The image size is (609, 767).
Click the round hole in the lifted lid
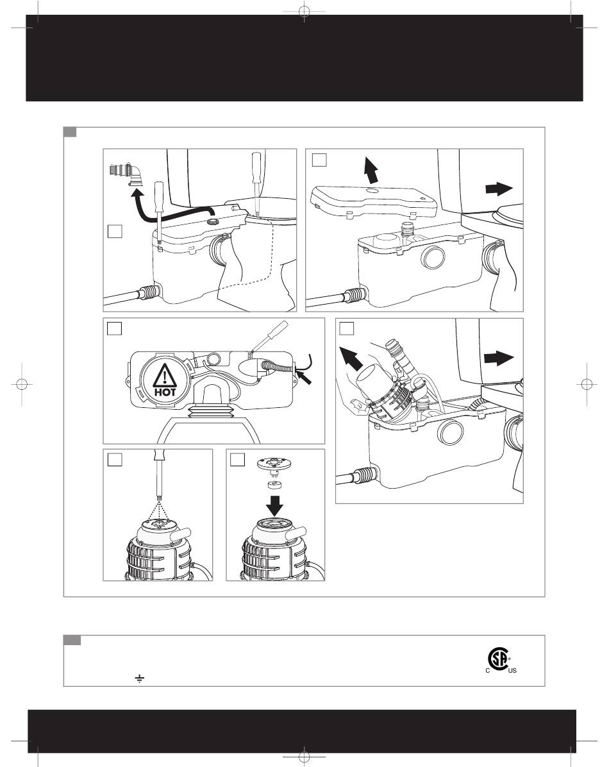point(371,190)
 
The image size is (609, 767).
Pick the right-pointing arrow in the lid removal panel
point(500,189)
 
